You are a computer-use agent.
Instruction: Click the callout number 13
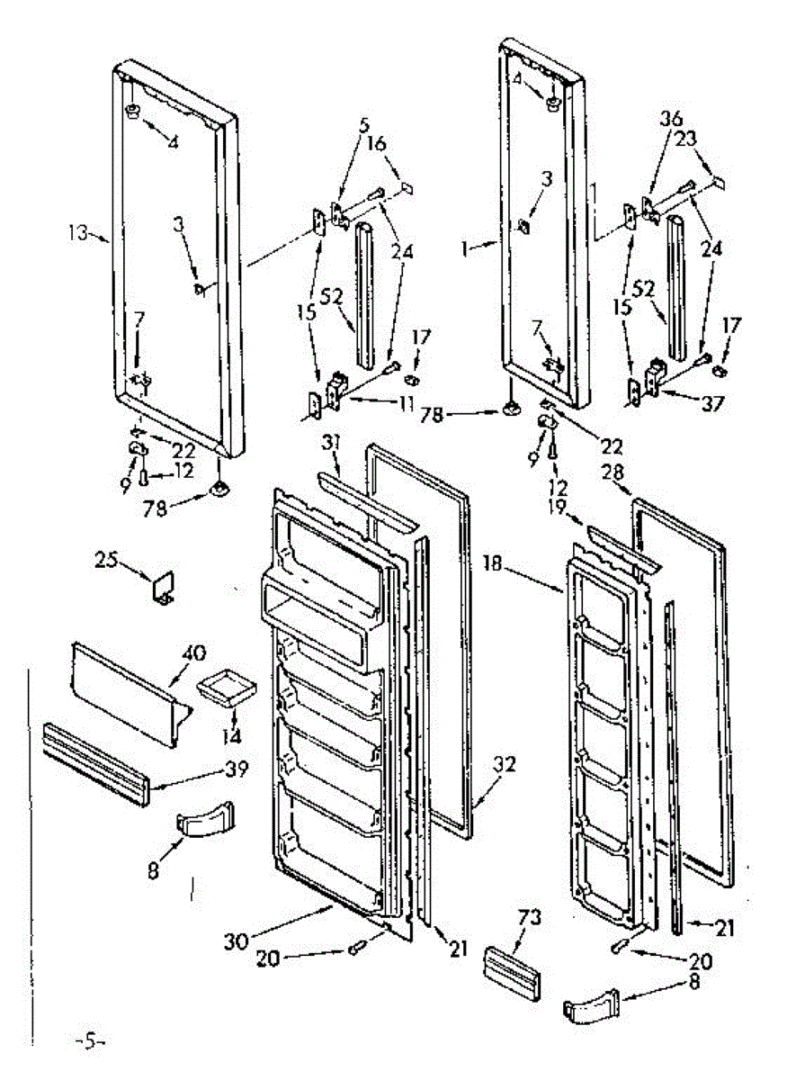click(x=78, y=234)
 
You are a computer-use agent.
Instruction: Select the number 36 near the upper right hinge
click(x=672, y=119)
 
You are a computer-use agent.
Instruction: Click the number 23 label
click(x=687, y=139)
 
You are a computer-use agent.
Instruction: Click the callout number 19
click(x=554, y=508)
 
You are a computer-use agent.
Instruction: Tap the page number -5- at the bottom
click(x=90, y=1041)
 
